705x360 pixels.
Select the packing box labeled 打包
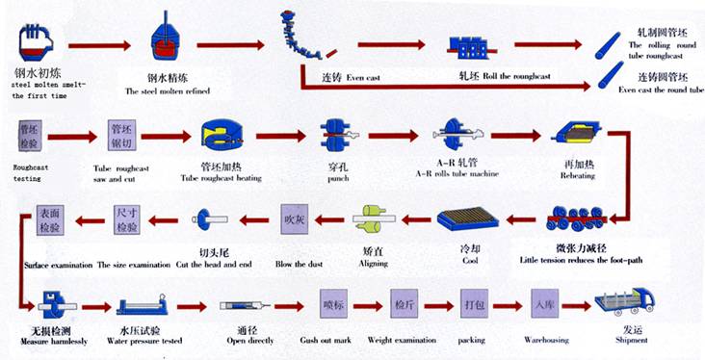pos(474,306)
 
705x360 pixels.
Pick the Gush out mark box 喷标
pos(333,306)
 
